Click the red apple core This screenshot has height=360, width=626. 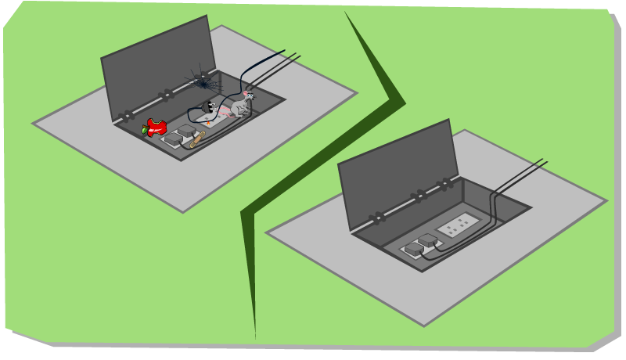(x=157, y=127)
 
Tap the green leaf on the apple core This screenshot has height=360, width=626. (x=145, y=131)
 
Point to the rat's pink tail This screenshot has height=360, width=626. (x=223, y=112)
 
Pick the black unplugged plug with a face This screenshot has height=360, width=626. (x=208, y=106)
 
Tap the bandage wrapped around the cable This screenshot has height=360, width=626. (x=197, y=140)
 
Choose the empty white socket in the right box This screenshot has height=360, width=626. (x=457, y=225)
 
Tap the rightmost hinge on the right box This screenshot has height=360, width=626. (x=444, y=185)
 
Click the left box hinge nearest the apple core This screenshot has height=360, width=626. (x=126, y=117)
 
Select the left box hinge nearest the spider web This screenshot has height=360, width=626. (x=165, y=96)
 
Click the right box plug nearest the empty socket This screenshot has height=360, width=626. (x=428, y=240)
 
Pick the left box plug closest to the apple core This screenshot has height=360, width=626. (x=173, y=139)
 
